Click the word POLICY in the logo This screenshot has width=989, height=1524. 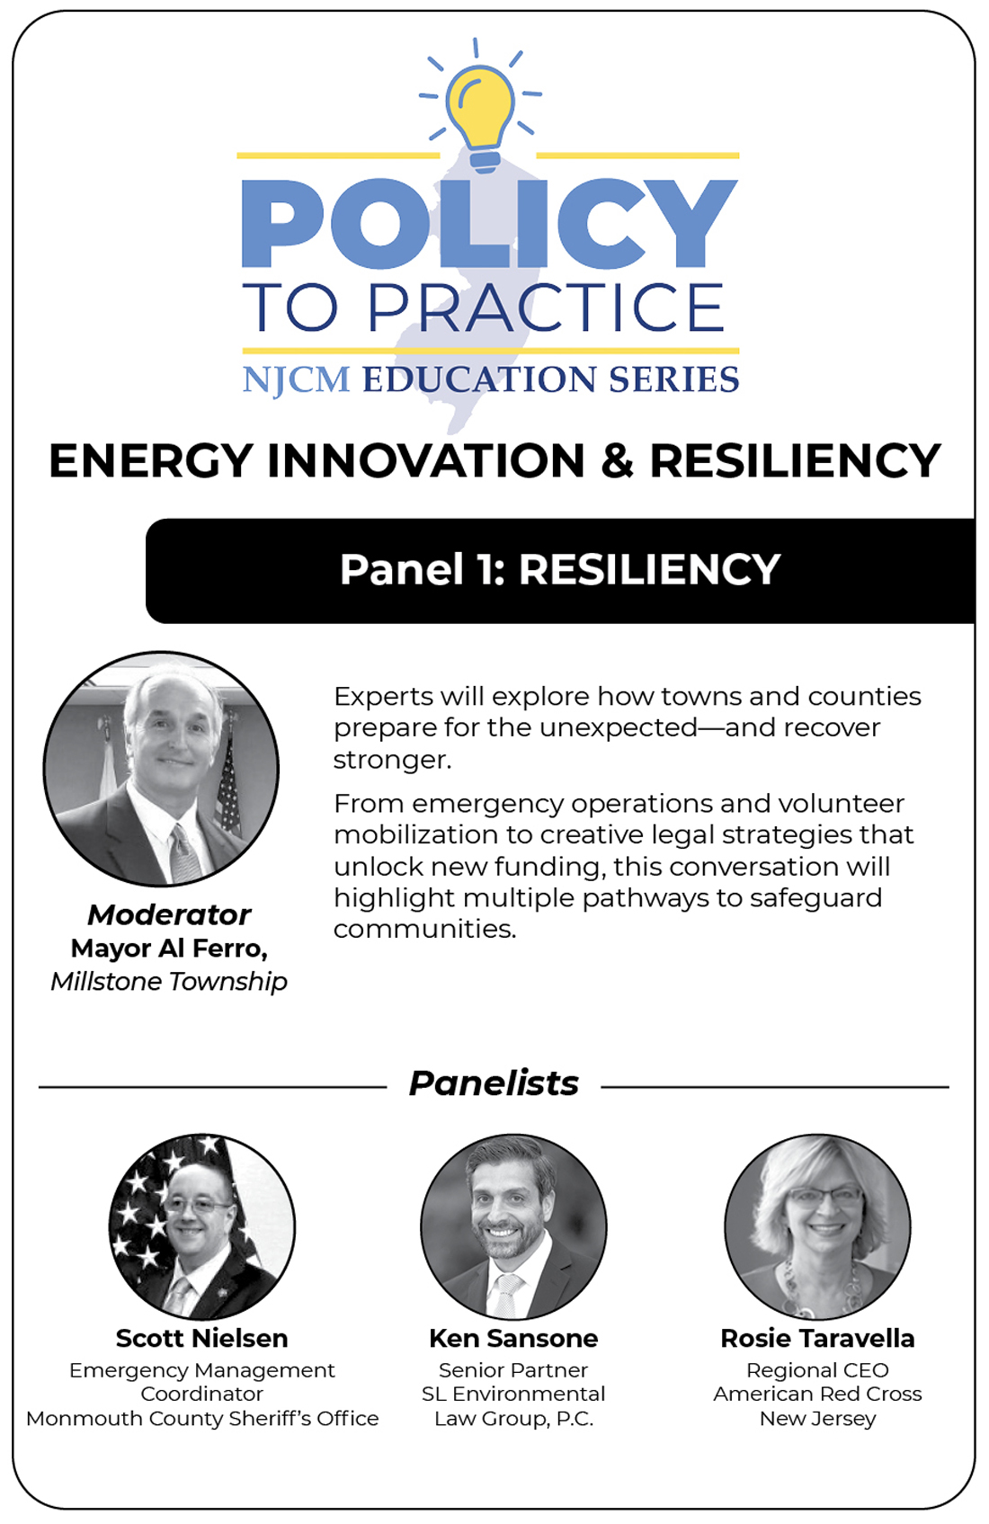pyautogui.click(x=490, y=223)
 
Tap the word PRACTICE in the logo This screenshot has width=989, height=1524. pyautogui.click(x=546, y=307)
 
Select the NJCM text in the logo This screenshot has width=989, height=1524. pyautogui.click(x=297, y=379)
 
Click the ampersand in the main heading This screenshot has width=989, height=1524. pyautogui.click(x=617, y=460)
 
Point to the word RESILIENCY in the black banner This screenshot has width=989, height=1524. pyautogui.click(x=649, y=569)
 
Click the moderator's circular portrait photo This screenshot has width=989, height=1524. pyautogui.click(x=161, y=769)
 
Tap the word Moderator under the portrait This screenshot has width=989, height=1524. pyautogui.click(x=169, y=915)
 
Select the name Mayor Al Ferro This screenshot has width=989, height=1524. pyautogui.click(x=169, y=949)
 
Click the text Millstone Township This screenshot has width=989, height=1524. pyautogui.click(x=169, y=982)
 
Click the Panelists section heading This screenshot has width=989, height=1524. pyautogui.click(x=494, y=1083)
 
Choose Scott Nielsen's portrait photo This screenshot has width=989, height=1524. pyautogui.click(x=202, y=1226)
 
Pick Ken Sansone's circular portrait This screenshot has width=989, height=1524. pyautogui.click(x=513, y=1226)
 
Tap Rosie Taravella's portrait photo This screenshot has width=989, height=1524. pyautogui.click(x=817, y=1226)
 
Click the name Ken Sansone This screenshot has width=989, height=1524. pyautogui.click(x=513, y=1338)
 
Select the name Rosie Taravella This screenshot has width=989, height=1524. pyautogui.click(x=817, y=1338)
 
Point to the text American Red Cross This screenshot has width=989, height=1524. pyautogui.click(x=817, y=1394)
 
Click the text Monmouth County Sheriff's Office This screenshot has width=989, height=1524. pyautogui.click(x=202, y=1419)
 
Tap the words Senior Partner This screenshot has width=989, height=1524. pyautogui.click(x=513, y=1369)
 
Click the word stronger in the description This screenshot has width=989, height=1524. pyautogui.click(x=393, y=760)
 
